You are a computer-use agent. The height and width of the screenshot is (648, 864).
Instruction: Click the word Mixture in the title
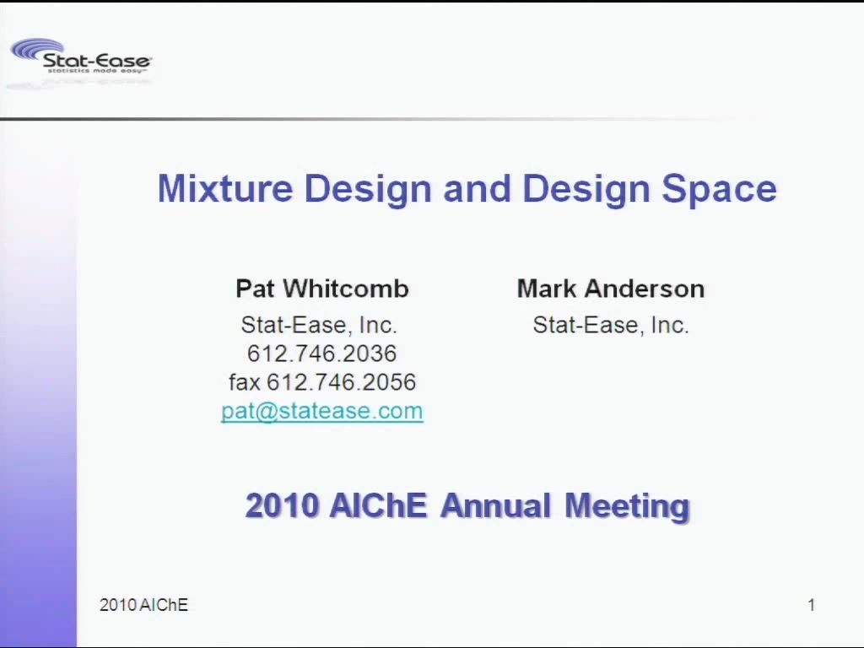[x=225, y=188]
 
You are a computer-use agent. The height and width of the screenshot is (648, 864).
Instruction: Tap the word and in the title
[x=478, y=188]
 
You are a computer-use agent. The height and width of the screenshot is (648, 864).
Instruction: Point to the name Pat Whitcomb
[x=322, y=289]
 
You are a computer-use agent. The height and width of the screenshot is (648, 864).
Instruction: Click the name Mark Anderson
[x=611, y=289]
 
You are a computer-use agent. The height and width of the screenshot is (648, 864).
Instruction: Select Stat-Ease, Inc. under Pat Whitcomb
[x=319, y=325]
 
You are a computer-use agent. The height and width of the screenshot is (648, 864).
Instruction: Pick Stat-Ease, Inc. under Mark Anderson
[x=611, y=325]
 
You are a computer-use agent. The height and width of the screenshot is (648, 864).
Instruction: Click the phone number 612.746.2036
[x=321, y=354]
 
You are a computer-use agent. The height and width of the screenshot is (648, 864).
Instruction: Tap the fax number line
[x=322, y=382]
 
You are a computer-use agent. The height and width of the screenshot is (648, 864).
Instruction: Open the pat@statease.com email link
[x=322, y=411]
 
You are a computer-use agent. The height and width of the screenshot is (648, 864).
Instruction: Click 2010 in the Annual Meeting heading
[x=282, y=505]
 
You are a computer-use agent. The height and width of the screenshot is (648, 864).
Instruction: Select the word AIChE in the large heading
[x=378, y=505]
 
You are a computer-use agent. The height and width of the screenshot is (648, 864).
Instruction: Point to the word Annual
[x=496, y=505]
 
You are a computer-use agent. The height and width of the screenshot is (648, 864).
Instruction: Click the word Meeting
[x=627, y=506]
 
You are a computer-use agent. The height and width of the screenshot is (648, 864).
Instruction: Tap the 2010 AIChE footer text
[x=143, y=605]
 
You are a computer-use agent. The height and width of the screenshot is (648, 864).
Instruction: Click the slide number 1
[x=811, y=605]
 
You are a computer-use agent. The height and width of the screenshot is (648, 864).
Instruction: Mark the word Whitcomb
[x=346, y=289]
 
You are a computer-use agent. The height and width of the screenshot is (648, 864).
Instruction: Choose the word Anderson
[x=645, y=289]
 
